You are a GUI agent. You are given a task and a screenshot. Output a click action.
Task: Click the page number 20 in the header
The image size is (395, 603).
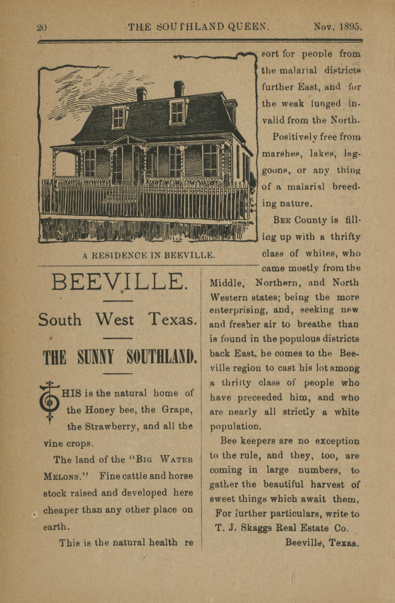(42, 27)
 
